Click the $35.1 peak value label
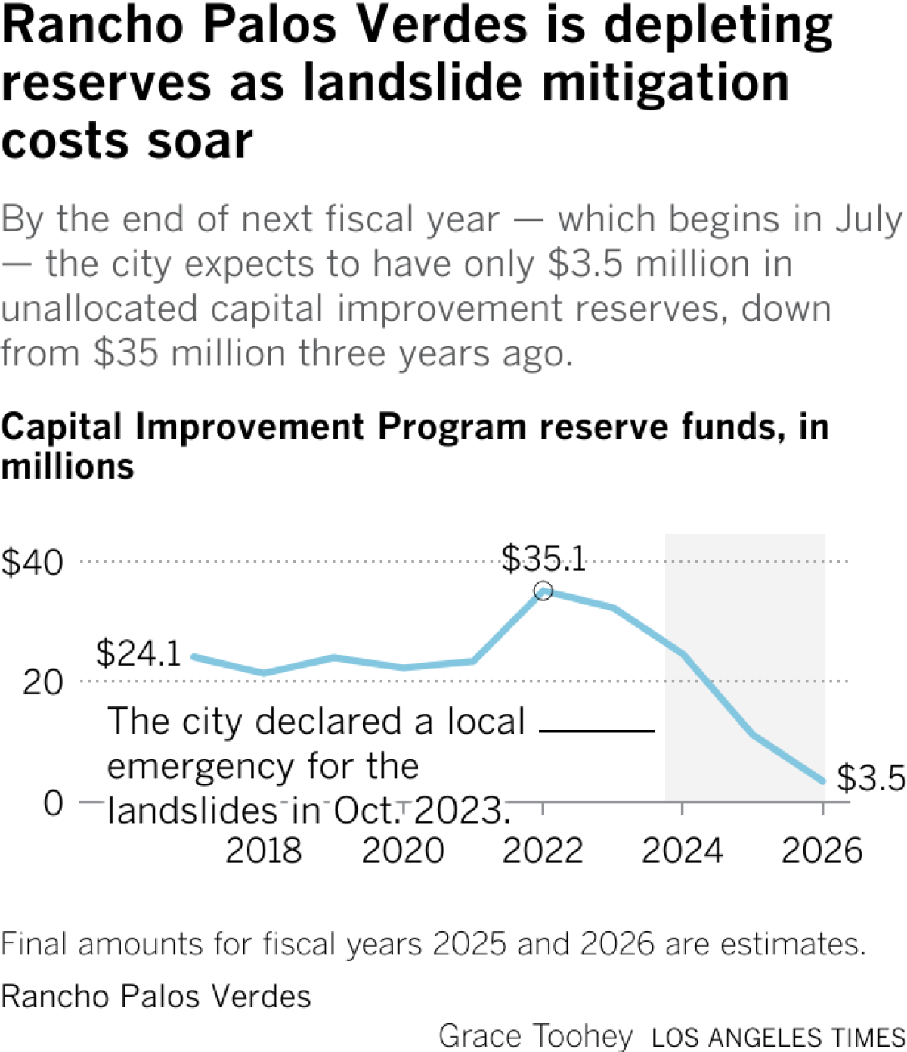544,560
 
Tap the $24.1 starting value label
139,653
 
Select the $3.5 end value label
871,778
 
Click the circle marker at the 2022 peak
543,591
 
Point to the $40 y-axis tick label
33,563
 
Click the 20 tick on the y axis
42,683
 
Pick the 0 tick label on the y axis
53,802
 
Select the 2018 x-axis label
264,851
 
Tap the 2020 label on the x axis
403,851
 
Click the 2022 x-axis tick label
543,851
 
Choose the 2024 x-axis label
683,851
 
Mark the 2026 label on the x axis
822,851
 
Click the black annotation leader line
596,731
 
